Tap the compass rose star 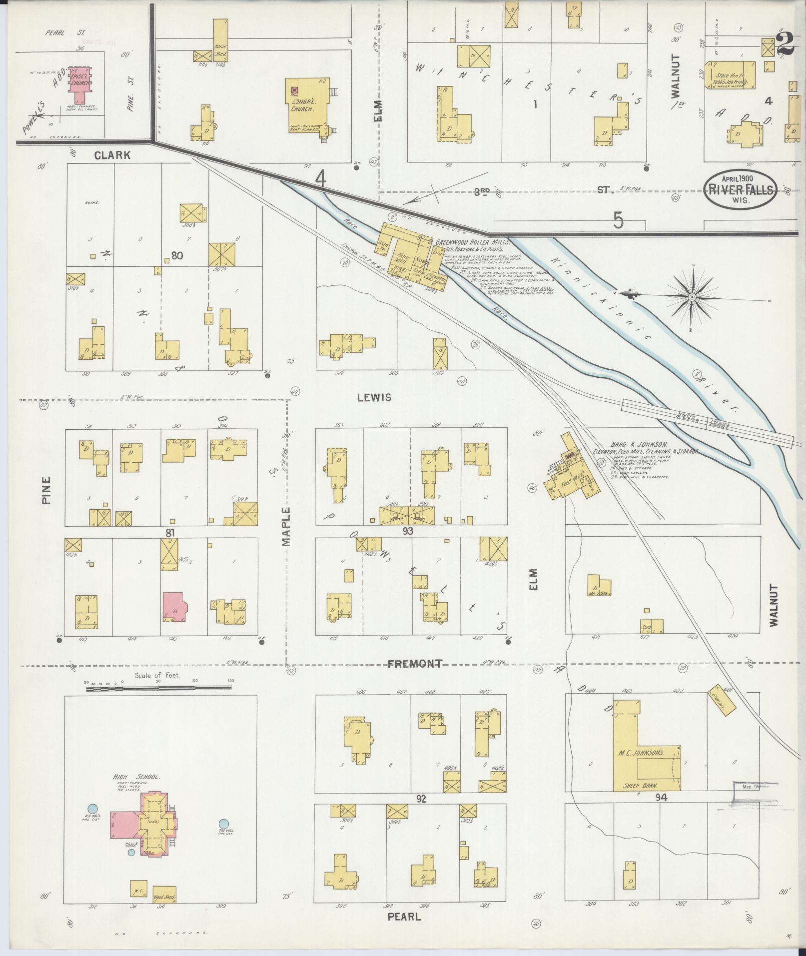pyautogui.click(x=692, y=298)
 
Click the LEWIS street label pyautogui.click(x=374, y=398)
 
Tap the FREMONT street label pyautogui.click(x=415, y=664)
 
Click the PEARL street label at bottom pyautogui.click(x=404, y=917)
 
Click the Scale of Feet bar pyautogui.click(x=158, y=688)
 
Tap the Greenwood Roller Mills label pyautogui.click(x=471, y=242)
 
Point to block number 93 pyautogui.click(x=408, y=531)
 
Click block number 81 pyautogui.click(x=170, y=533)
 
